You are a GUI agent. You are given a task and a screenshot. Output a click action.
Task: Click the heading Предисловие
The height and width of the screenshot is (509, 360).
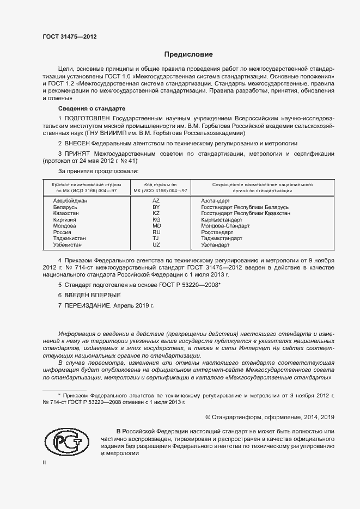(x=188, y=54)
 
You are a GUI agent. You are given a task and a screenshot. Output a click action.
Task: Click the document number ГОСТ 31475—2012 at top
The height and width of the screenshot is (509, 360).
(x=69, y=36)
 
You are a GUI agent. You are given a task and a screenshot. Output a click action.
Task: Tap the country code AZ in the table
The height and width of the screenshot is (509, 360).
(x=156, y=201)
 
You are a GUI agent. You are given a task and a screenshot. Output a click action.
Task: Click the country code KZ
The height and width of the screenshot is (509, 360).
(x=156, y=214)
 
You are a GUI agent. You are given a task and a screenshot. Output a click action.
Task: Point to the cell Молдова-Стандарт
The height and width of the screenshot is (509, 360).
(x=225, y=226)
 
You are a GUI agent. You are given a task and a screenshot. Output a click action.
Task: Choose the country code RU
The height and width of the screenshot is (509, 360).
(x=156, y=232)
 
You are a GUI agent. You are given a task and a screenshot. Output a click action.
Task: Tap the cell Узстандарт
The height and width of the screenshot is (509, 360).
(x=216, y=245)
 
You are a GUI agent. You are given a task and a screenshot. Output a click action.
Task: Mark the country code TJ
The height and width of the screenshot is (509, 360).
(x=156, y=238)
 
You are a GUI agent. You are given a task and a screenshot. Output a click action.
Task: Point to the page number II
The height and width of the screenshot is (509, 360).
(x=45, y=462)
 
